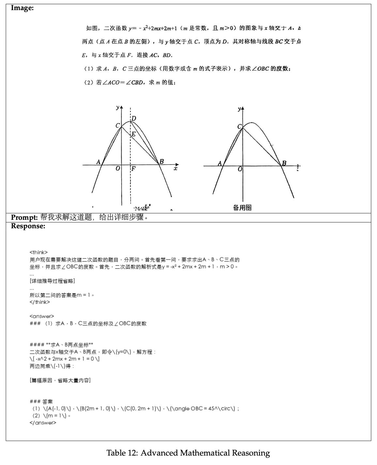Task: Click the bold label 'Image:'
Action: pyautogui.click(x=22, y=8)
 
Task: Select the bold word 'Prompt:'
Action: pyautogui.click(x=25, y=218)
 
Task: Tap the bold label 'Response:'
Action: pyautogui.click(x=28, y=226)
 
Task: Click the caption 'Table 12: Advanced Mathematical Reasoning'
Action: pyautogui.click(x=188, y=453)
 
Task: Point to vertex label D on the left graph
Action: pyautogui.click(x=134, y=119)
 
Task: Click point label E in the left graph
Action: pyautogui.click(x=133, y=134)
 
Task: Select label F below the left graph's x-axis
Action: pyautogui.click(x=133, y=169)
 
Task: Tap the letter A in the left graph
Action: pyautogui.click(x=98, y=162)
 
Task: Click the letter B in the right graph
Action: pyautogui.click(x=284, y=163)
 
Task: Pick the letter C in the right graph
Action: pyautogui.click(x=239, y=127)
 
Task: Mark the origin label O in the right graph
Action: pyautogui.click(x=240, y=169)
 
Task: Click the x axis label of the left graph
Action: pyautogui.click(x=176, y=168)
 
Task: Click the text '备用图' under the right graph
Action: pyautogui.click(x=242, y=208)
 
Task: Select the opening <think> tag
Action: pyautogui.click(x=38, y=252)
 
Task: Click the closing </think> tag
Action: pyautogui.click(x=40, y=302)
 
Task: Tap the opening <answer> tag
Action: pyautogui.click(x=42, y=316)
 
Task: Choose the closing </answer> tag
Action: pyautogui.click(x=43, y=423)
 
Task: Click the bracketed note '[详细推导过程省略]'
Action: pyautogui.click(x=52, y=281)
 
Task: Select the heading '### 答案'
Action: pyautogui.click(x=41, y=402)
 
